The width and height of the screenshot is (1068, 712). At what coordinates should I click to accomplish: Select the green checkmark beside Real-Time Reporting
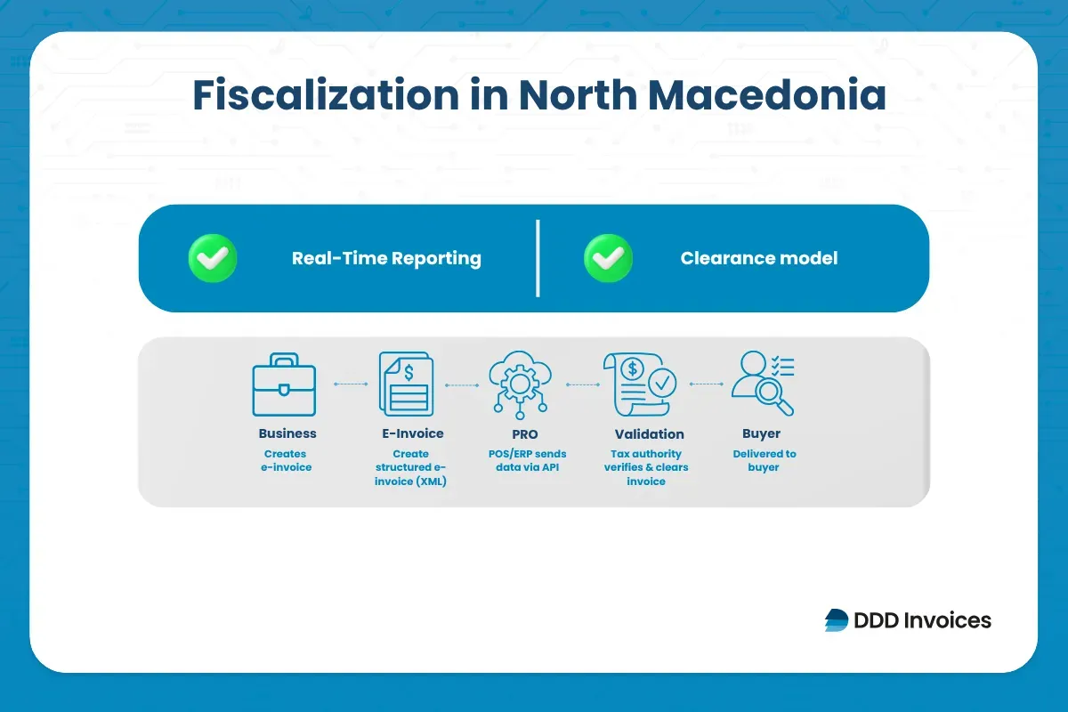(213, 259)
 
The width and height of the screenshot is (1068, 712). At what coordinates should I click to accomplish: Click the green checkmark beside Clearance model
(608, 259)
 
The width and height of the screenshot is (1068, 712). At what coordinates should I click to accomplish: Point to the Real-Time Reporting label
(386, 259)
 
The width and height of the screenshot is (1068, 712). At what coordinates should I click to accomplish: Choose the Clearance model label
(758, 259)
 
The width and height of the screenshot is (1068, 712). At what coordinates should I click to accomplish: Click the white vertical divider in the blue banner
(538, 258)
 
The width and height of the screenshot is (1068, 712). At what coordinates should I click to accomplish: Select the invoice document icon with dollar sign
(407, 384)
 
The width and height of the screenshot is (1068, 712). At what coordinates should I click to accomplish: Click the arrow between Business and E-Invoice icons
(350, 384)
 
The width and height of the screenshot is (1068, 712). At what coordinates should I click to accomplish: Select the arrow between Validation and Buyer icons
(706, 384)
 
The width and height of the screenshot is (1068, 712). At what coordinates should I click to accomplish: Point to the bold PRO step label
(525, 434)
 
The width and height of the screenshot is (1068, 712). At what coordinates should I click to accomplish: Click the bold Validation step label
(649, 434)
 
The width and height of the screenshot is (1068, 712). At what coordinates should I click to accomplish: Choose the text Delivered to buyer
(764, 460)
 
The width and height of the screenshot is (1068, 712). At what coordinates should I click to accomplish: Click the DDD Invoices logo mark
(837, 620)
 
